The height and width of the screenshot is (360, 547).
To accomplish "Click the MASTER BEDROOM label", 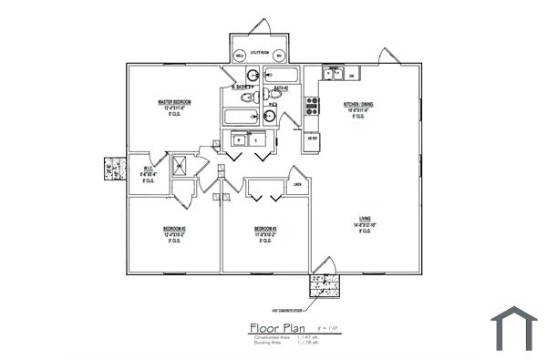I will [x=174, y=102].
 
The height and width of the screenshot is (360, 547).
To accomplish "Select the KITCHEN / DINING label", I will [x=358, y=105].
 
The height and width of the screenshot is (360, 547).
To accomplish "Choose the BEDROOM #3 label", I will [x=265, y=228].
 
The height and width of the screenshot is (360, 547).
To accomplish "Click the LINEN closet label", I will [x=296, y=186].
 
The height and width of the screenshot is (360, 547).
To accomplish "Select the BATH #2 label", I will [x=281, y=88].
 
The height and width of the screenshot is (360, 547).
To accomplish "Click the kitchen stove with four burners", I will [x=311, y=107].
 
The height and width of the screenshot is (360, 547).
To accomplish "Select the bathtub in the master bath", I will [x=242, y=116].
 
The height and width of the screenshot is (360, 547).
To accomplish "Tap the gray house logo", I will [x=514, y=329].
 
